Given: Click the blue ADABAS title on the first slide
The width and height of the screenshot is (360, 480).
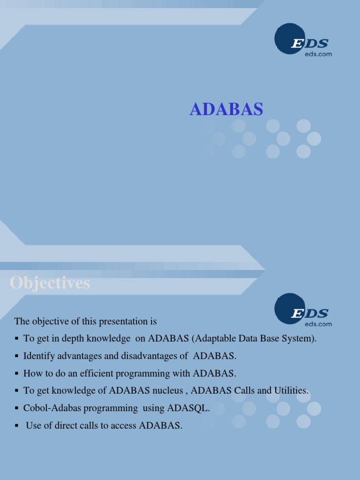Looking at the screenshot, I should [x=226, y=109].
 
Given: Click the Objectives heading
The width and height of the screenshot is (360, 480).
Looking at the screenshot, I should [x=50, y=283].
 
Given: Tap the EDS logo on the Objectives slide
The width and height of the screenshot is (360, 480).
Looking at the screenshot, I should [x=303, y=313].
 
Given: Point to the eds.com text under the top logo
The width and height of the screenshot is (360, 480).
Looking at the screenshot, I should [x=318, y=54].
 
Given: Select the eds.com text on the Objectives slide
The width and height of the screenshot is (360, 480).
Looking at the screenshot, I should [x=318, y=324].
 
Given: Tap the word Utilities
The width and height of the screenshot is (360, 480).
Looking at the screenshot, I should [x=292, y=391].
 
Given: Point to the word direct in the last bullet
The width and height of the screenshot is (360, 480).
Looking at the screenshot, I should [x=64, y=426].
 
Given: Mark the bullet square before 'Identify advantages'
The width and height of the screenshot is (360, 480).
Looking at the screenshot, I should [x=16, y=356].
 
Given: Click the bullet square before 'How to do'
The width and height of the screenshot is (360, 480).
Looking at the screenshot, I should [x=16, y=374].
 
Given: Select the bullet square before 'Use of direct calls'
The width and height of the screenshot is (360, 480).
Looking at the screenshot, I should [x=16, y=426].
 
